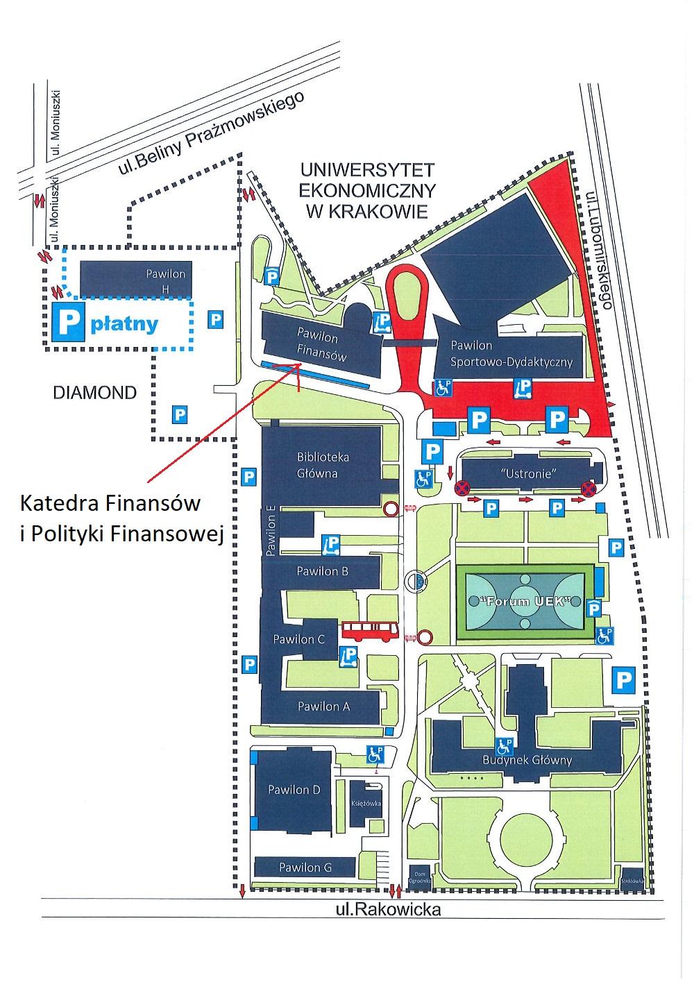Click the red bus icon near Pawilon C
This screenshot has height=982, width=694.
pyautogui.click(x=370, y=631)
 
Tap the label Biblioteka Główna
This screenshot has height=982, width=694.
pyautogui.click(x=323, y=465)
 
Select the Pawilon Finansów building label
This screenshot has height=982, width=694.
pyautogui.click(x=320, y=344)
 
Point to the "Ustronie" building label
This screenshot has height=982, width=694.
pyautogui.click(x=529, y=473)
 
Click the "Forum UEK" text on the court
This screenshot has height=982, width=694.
pyautogui.click(x=525, y=601)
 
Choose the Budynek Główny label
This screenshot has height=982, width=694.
pyautogui.click(x=527, y=760)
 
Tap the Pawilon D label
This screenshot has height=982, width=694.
pyautogui.click(x=294, y=790)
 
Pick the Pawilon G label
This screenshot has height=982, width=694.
pyautogui.click(x=305, y=867)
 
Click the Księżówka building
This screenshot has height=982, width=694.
pyautogui.click(x=366, y=803)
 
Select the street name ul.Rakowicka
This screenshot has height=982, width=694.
pyautogui.click(x=388, y=909)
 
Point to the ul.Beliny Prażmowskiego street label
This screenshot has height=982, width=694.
pyautogui.click(x=211, y=133)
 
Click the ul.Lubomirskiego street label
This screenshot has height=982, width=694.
pyautogui.click(x=599, y=250)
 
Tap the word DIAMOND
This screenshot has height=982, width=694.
pyautogui.click(x=95, y=393)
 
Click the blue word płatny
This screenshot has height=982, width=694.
pyautogui.click(x=125, y=323)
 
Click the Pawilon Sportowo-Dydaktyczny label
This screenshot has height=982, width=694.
pyautogui.click(x=511, y=353)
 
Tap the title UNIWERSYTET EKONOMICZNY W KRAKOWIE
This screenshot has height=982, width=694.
pyautogui.click(x=367, y=190)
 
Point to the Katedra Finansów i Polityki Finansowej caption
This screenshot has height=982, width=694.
pyautogui.click(x=121, y=517)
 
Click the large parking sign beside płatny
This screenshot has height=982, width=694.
pyautogui.click(x=68, y=321)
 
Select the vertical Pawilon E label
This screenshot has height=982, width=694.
pyautogui.click(x=271, y=531)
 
